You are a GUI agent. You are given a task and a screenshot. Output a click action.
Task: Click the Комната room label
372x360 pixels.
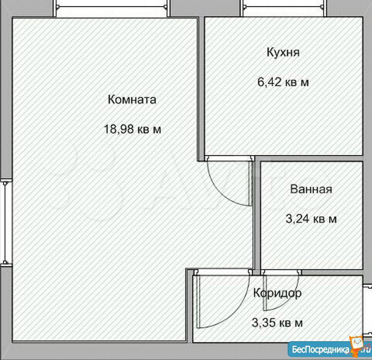132,100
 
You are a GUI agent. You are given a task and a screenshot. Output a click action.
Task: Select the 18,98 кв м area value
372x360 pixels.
132,130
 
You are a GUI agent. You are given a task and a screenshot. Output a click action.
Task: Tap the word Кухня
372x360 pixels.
283,52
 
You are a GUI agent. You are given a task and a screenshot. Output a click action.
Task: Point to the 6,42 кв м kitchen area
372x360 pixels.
283,82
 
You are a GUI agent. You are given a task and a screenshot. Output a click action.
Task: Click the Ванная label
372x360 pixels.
311,189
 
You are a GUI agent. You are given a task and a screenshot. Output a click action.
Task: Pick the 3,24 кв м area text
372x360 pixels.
311,219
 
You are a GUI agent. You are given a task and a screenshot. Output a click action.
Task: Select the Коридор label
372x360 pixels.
277,293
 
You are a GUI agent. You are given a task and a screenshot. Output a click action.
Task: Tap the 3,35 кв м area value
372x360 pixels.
277,322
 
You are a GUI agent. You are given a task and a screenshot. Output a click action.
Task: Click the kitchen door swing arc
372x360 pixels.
225,187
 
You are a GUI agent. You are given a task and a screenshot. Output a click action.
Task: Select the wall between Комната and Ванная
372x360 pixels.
257,214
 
